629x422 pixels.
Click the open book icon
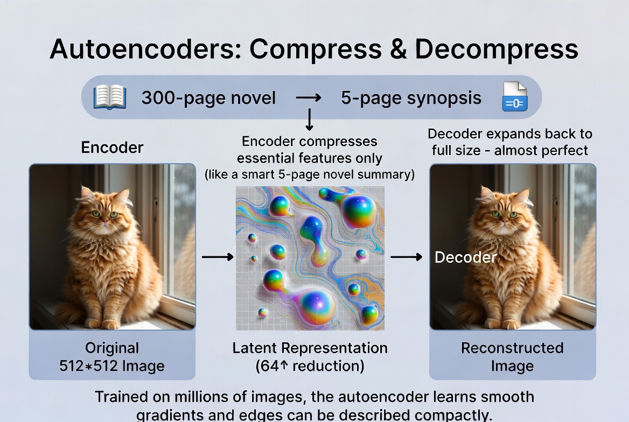tap(110, 98)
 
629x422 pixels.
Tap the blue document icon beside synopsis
tap(514, 97)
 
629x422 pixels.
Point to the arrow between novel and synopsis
tap(309, 98)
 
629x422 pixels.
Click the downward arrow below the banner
tap(309, 120)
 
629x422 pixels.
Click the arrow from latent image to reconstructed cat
tap(406, 257)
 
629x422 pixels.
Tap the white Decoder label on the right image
tap(465, 257)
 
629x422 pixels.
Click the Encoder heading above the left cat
tap(112, 147)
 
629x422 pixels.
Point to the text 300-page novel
tap(208, 98)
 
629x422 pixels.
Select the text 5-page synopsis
tap(411, 98)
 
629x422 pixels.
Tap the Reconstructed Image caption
tap(512, 357)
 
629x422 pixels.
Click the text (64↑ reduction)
tap(310, 367)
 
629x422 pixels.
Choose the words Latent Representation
tap(310, 348)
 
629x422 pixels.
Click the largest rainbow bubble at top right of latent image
tap(358, 212)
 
